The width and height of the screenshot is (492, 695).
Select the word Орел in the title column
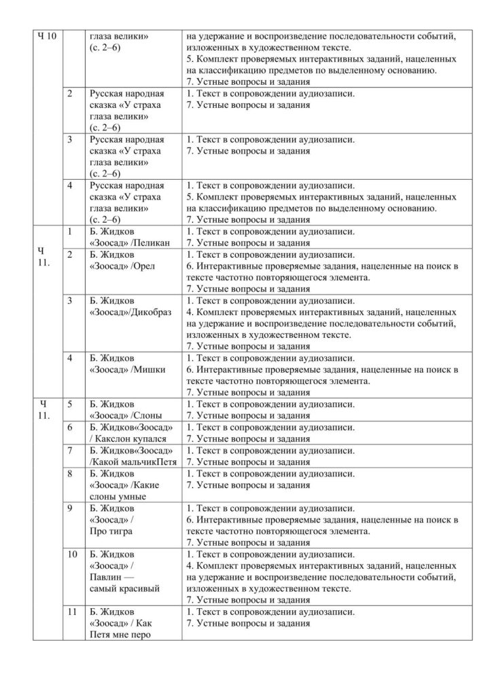[x=145, y=265]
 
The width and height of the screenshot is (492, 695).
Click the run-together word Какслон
[x=116, y=438]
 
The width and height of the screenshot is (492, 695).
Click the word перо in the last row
[x=140, y=635]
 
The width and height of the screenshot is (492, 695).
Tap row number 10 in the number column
[x=72, y=554]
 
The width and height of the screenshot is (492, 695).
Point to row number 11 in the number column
[x=72, y=612]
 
